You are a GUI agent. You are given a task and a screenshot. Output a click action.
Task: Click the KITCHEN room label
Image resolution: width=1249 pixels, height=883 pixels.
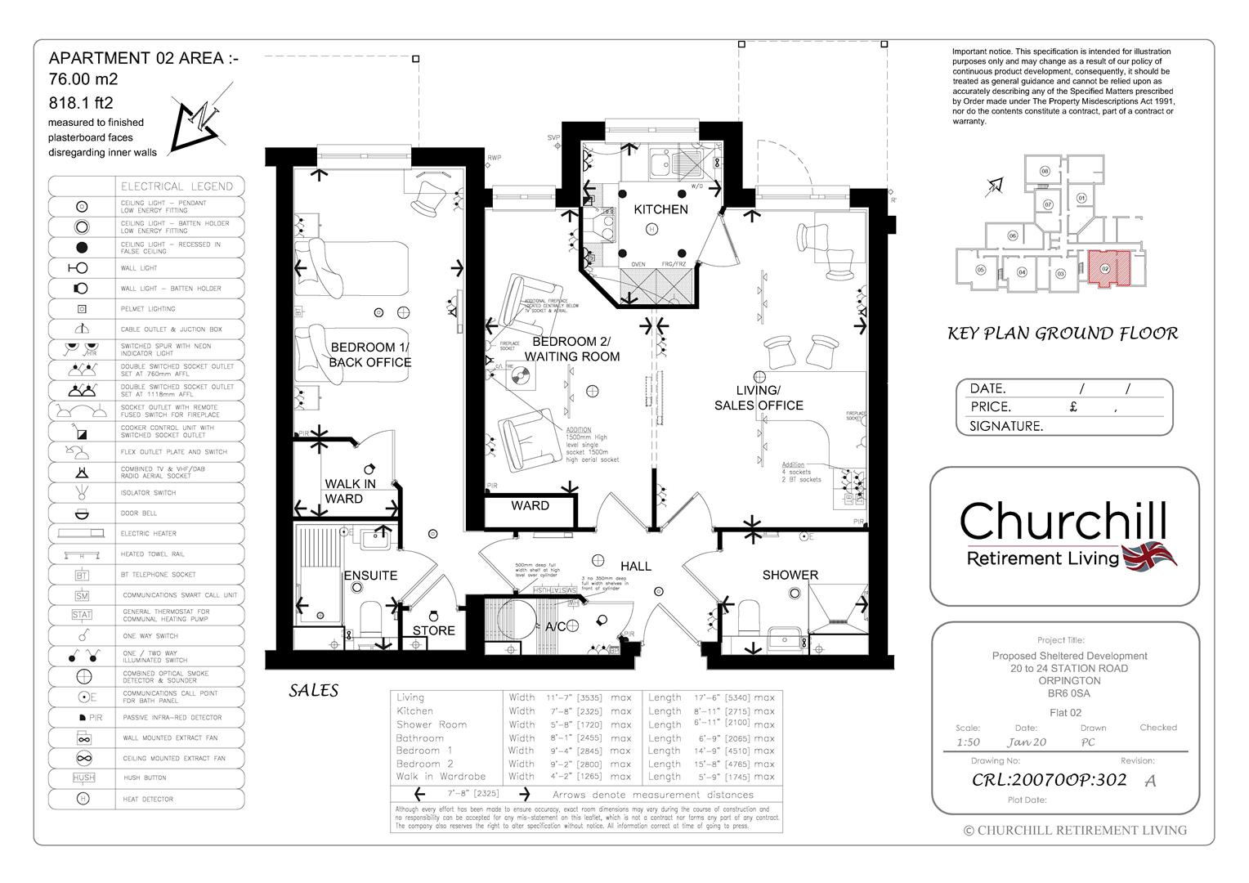660,209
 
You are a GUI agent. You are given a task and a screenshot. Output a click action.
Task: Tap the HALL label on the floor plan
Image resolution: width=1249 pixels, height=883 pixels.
635,566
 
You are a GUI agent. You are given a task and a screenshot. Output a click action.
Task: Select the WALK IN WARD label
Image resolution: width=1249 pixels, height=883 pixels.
350,491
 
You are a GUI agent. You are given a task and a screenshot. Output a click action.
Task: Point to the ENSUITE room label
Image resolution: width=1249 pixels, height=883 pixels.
370,576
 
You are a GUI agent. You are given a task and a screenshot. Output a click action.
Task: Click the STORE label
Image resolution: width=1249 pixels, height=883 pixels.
433,630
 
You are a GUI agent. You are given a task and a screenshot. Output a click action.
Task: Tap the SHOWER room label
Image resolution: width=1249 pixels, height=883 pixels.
790,575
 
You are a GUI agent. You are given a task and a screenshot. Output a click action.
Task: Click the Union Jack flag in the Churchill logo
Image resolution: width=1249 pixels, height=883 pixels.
1150,556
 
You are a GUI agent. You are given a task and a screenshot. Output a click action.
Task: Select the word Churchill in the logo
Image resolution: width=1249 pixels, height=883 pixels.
1063,521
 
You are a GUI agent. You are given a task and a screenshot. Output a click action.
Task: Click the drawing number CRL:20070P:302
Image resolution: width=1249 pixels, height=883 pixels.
1049,779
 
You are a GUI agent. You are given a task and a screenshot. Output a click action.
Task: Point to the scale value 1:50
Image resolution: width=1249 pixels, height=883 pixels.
969,742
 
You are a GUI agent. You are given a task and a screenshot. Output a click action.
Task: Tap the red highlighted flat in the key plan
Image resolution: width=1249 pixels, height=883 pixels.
1104,269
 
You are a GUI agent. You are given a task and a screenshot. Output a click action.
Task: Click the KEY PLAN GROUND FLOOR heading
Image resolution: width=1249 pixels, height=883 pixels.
1062,334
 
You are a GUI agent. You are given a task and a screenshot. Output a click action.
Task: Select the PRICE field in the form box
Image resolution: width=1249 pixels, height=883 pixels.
990,406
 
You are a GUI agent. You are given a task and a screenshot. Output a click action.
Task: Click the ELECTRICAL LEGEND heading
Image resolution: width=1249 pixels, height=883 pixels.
177,186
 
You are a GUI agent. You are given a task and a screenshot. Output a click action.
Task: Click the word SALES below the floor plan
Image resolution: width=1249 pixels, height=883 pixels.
313,691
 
